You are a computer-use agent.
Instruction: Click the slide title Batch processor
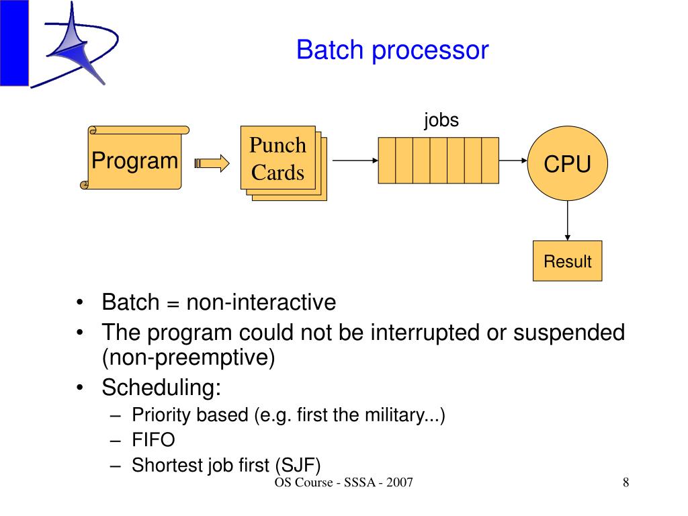tap(392, 50)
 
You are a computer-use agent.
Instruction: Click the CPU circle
tap(568, 163)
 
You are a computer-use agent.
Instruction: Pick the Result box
tap(568, 261)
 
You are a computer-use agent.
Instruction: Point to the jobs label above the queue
tap(441, 120)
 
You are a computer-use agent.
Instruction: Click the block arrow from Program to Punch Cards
tap(212, 163)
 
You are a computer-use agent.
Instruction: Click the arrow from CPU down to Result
tap(568, 220)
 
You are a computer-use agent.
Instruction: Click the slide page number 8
tap(626, 483)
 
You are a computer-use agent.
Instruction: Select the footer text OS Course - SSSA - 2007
tap(343, 484)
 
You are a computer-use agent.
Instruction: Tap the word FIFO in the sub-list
tap(153, 440)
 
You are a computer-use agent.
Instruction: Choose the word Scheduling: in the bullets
tap(161, 388)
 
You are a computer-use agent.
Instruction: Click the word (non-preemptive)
tap(189, 357)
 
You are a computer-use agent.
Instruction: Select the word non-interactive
tap(261, 302)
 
